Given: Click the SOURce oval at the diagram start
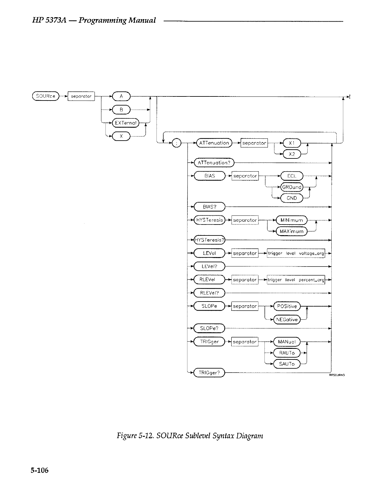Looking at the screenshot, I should pos(46,96).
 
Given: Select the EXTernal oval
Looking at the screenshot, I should pos(125,123).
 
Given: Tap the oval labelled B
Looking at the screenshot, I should pos(121,110).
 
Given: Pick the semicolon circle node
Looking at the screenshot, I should pos(176,143).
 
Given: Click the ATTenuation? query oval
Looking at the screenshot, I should pos(214,163).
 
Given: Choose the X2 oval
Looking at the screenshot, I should pos(292,154).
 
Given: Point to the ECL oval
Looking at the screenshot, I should pos(292,176).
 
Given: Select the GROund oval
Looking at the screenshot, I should pos(292,187).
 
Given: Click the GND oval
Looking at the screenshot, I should pos(292,198).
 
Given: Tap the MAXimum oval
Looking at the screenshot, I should pos(292,231).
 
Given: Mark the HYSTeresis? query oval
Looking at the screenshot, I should pos(209,240).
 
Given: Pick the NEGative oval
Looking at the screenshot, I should pos(287,320).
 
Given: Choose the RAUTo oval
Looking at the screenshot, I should pos(287,353).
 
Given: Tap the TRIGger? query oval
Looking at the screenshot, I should pos(209,373).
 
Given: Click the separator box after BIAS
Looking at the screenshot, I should pos(245,176).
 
